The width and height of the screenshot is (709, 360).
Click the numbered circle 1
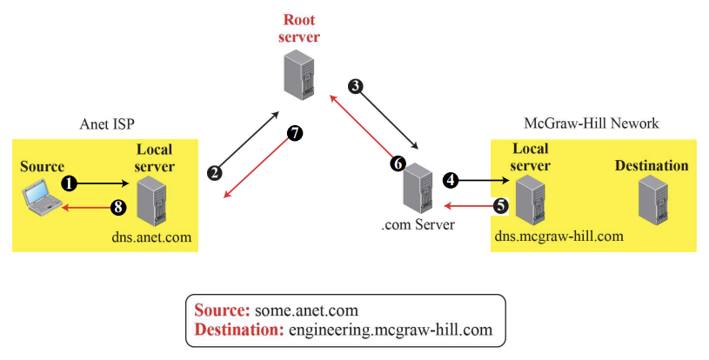point(70,183)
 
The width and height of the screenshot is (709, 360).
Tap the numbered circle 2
point(214,171)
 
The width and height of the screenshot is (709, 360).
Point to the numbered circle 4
point(450,180)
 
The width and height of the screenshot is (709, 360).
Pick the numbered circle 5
point(500,206)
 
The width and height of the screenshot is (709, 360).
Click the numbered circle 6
point(398,163)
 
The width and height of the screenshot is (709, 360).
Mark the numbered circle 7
point(294,134)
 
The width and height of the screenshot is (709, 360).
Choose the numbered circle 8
point(119,207)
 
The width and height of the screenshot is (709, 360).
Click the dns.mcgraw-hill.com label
point(559,236)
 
